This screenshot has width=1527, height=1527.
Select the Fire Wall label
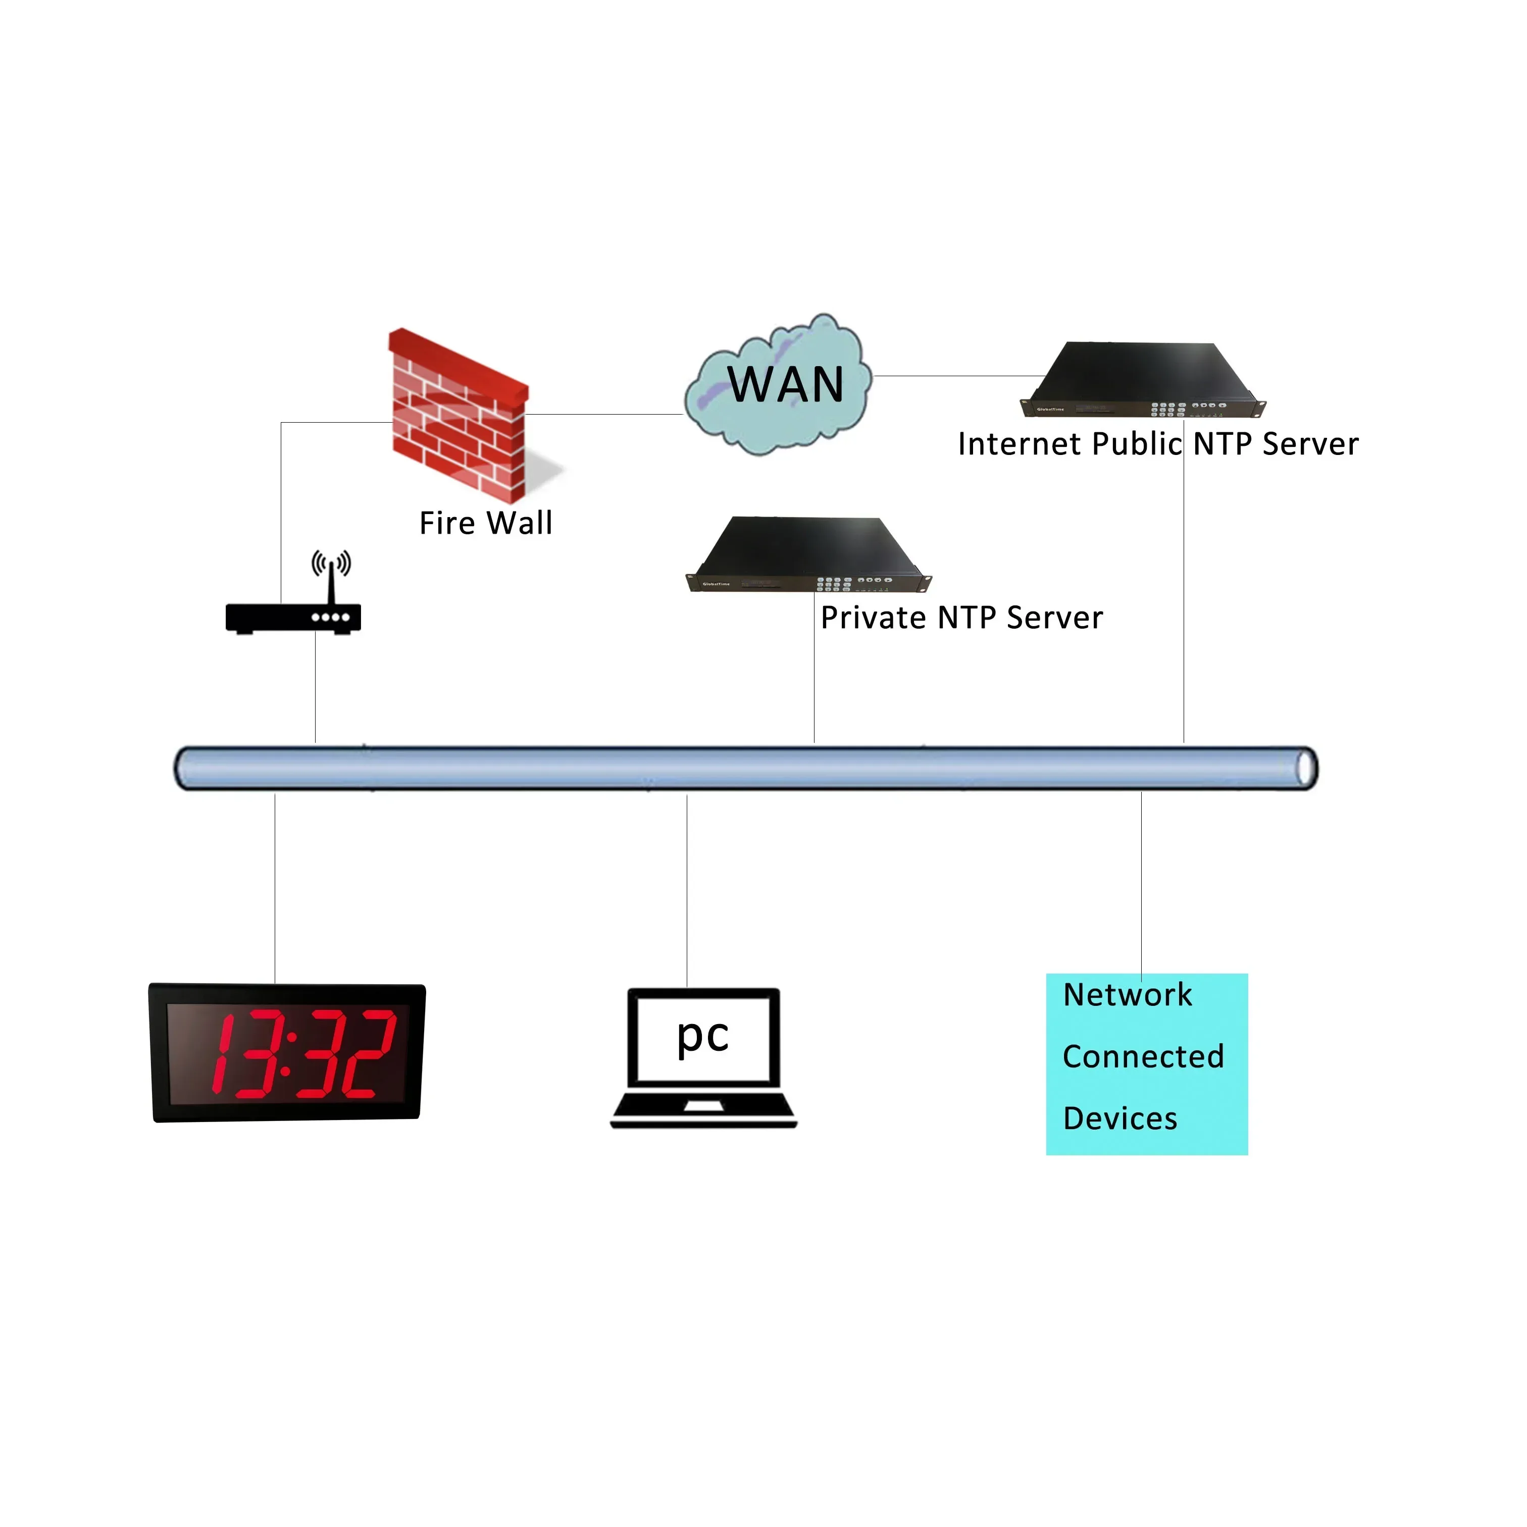[x=485, y=523]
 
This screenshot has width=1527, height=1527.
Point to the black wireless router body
[x=293, y=617]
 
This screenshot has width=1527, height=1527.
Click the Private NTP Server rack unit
[x=808, y=555]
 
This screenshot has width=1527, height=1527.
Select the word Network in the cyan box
[x=1127, y=994]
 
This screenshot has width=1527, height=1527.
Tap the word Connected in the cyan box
[x=1143, y=1057]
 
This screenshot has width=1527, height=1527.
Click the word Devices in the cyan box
[x=1120, y=1118]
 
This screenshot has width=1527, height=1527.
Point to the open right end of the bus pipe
[x=1306, y=768]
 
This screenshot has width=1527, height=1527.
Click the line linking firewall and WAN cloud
[x=604, y=414]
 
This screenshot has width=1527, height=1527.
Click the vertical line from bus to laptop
[x=687, y=889]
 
